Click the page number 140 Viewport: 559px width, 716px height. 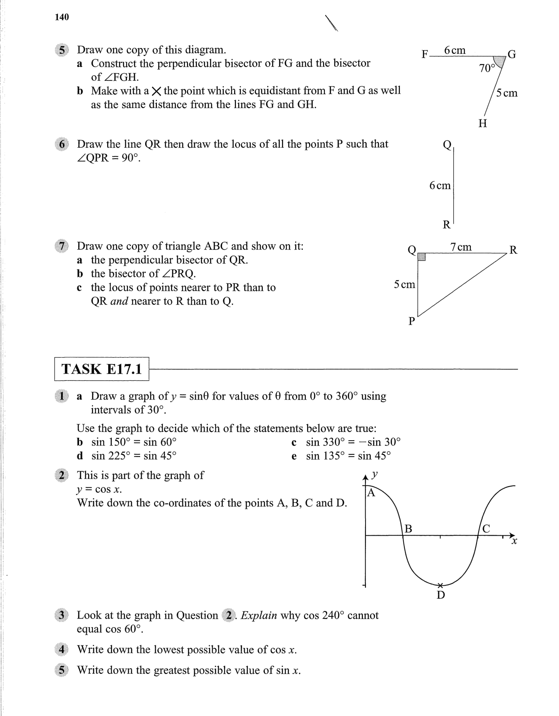point(62,17)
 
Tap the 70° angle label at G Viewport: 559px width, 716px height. point(487,68)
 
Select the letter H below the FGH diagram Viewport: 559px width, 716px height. point(483,123)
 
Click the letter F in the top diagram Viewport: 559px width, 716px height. point(425,54)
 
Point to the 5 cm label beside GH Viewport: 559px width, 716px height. point(507,93)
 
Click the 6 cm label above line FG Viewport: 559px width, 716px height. point(454,50)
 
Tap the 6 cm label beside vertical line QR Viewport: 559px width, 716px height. point(440,185)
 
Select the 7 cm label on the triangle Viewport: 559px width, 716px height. point(461,247)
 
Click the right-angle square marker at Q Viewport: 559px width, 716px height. point(421,257)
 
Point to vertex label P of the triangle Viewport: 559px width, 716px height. point(411,321)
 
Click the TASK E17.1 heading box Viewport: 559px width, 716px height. point(101,369)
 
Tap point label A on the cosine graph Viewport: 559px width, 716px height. point(371,493)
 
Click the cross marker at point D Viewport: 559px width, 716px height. point(440,585)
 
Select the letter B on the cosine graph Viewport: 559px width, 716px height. point(408,528)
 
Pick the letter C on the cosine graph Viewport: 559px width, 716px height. point(486,528)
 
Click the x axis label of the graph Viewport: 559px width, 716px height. point(514,541)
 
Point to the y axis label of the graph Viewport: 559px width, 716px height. point(375,474)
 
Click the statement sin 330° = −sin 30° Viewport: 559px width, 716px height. point(353,442)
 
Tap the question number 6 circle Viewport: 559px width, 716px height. point(62,144)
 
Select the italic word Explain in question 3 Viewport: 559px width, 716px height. point(259,615)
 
